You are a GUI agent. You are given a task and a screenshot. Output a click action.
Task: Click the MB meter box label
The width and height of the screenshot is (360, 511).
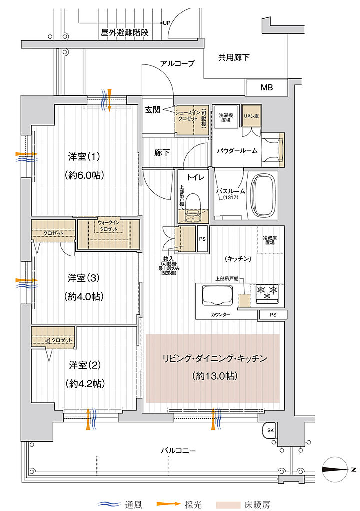[x=266, y=88]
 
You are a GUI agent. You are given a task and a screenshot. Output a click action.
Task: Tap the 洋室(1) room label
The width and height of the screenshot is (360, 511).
[x=84, y=157]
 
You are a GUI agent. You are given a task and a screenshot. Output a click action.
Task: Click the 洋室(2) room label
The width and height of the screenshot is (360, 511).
[x=84, y=365]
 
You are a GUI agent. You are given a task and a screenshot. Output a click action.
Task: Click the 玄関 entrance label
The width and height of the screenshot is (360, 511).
[x=153, y=110]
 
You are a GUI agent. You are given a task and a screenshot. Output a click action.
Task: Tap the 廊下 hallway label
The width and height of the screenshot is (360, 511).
[x=161, y=153]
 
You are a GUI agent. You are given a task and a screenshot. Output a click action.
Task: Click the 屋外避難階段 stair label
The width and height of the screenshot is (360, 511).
[x=124, y=33]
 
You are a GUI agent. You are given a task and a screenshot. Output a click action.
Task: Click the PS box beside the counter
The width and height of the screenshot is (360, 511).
[x=273, y=315]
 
